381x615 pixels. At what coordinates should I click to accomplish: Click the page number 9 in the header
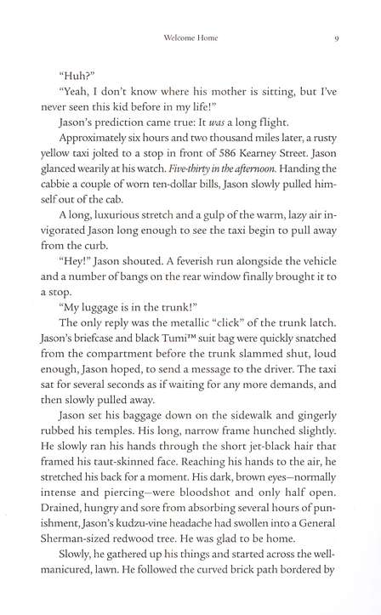click(x=338, y=37)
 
